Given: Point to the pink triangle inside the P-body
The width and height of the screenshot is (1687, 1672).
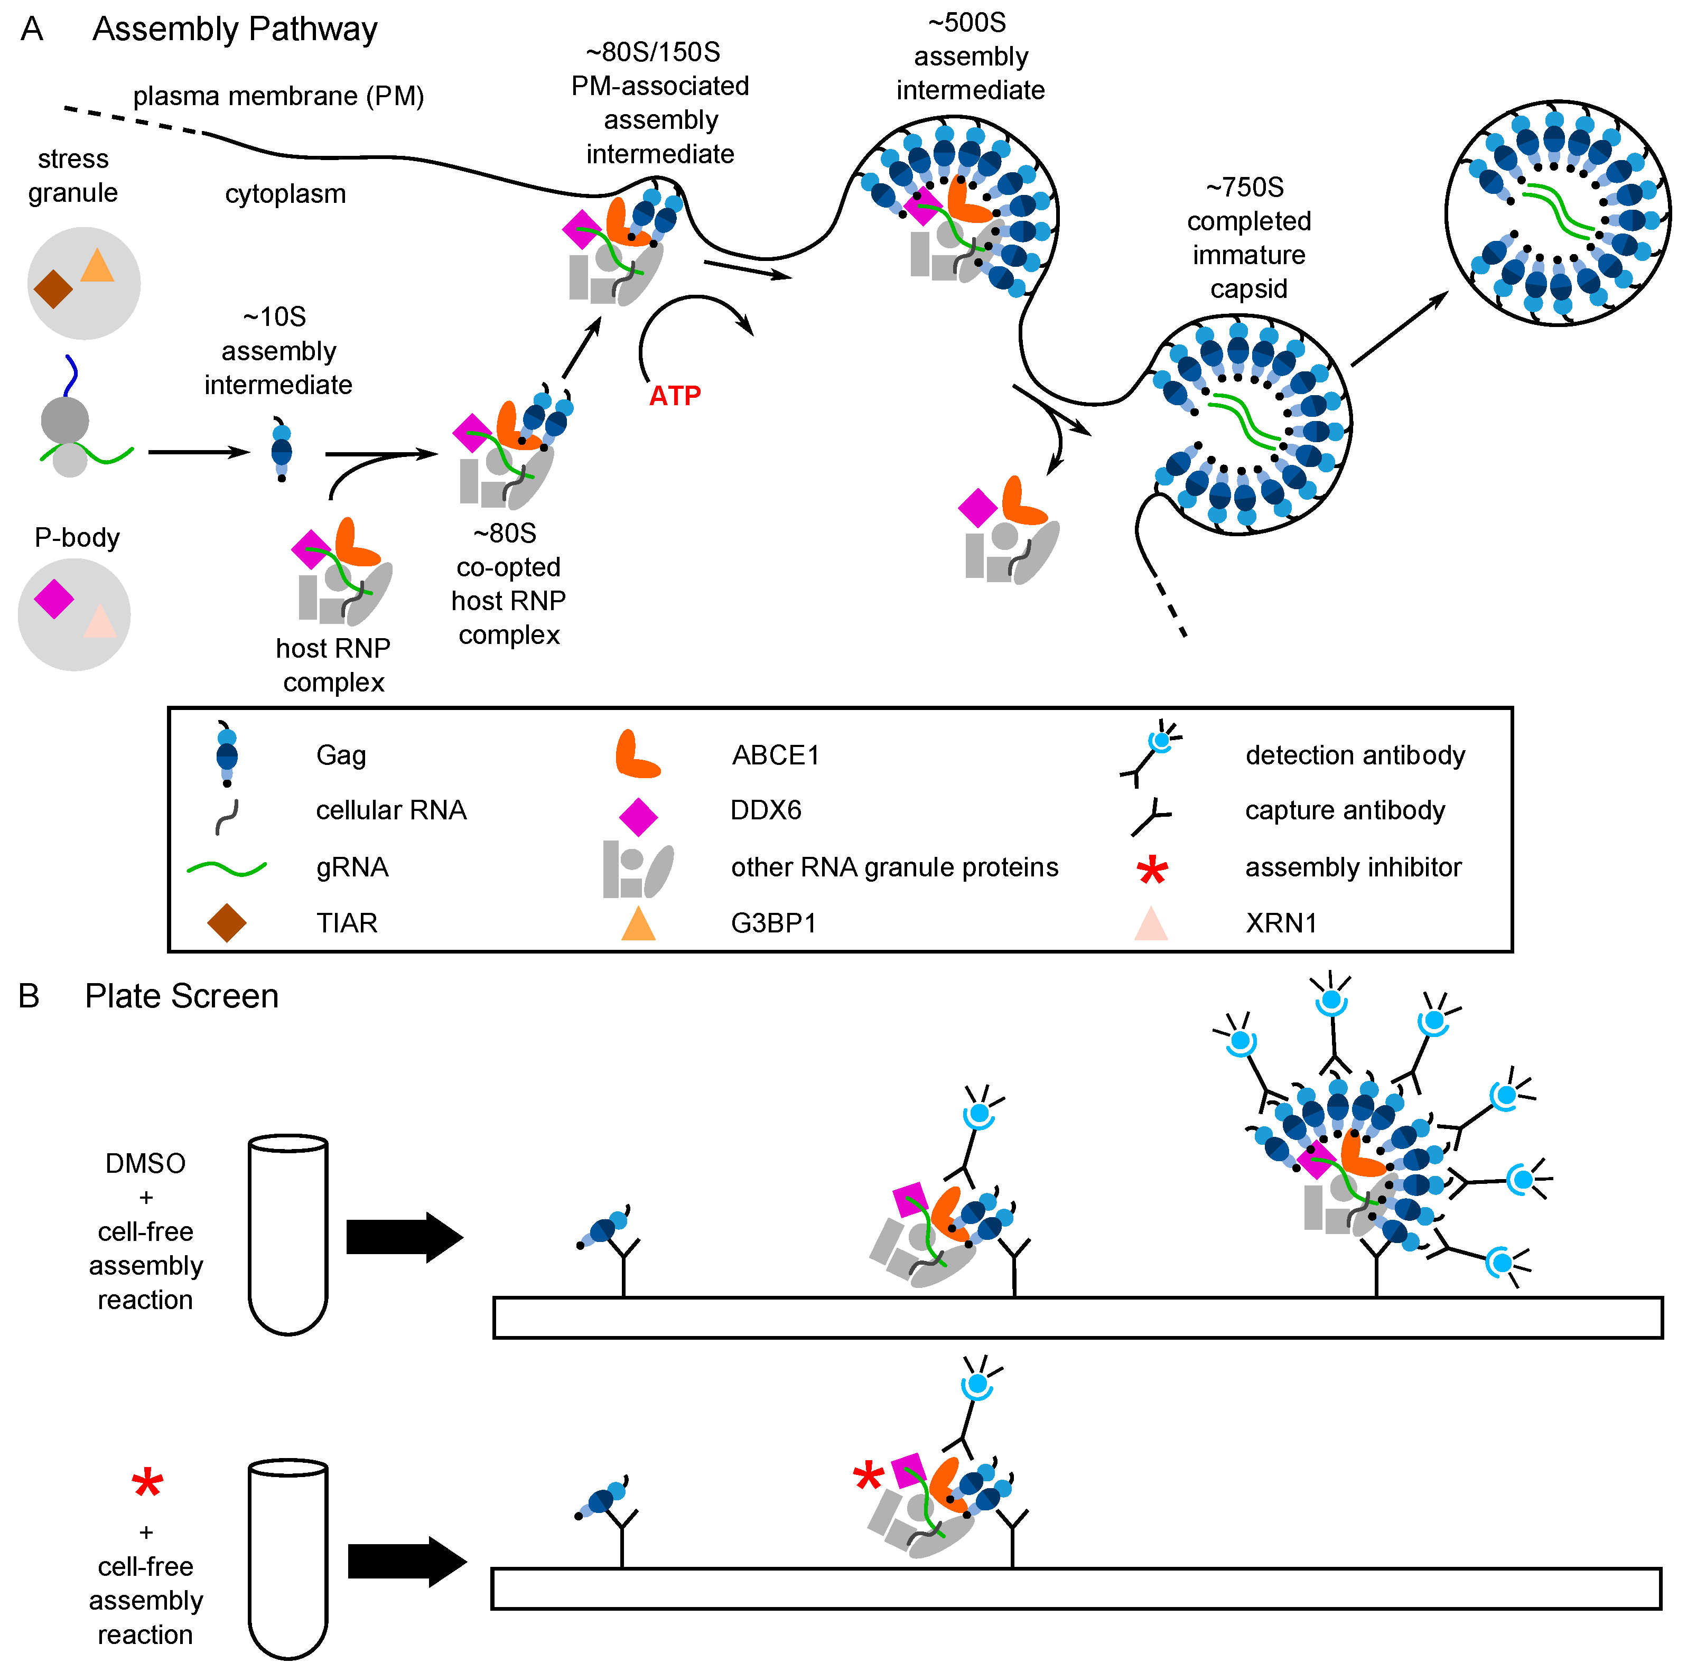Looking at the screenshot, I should click(x=99, y=622).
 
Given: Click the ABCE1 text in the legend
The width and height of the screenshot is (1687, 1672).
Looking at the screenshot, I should click(x=776, y=755).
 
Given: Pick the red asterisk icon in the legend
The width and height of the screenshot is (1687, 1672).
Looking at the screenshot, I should click(x=1152, y=870).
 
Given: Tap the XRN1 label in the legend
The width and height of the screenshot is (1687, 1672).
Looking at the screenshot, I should click(x=1280, y=923).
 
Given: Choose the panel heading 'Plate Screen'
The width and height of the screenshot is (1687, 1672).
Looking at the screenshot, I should click(x=182, y=996).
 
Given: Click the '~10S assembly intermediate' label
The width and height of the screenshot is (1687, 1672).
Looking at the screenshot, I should click(x=278, y=351).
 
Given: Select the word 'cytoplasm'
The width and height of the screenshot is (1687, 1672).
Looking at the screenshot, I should click(x=285, y=194).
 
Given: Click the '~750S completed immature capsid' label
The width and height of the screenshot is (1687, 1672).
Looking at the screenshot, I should click(x=1248, y=238).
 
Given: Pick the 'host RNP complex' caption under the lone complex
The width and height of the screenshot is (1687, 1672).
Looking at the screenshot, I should click(x=333, y=665).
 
